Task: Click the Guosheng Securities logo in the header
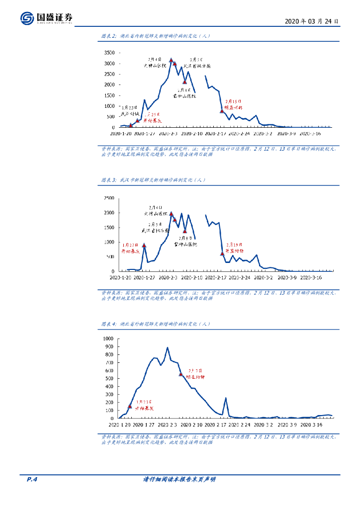47,18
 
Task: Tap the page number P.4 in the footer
32,479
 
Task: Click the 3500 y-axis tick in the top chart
109,53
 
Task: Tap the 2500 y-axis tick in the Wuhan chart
109,198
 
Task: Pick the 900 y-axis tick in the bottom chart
108,346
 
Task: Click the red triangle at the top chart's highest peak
171,61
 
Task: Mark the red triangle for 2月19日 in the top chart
222,110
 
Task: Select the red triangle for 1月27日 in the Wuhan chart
144,245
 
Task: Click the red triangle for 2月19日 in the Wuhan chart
222,254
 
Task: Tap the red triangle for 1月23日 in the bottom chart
130,406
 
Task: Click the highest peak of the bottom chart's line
168,348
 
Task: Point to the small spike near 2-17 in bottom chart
226,398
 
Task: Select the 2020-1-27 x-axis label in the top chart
146,133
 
